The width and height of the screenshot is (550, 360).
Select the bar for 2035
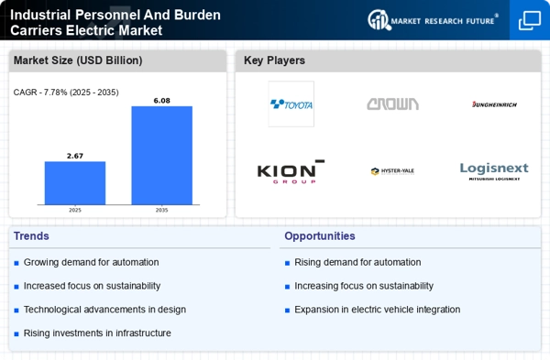(x=162, y=155)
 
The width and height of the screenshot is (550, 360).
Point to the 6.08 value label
(x=162, y=101)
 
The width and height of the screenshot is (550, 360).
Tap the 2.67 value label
(x=75, y=156)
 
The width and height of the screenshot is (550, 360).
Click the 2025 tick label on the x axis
(x=75, y=210)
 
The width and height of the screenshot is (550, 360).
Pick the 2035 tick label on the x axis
(x=162, y=210)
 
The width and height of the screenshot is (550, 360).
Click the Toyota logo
(x=291, y=104)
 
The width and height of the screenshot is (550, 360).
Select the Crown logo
(x=392, y=104)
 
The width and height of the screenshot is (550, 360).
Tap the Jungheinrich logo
(x=494, y=104)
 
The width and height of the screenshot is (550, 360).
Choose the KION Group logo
(x=291, y=171)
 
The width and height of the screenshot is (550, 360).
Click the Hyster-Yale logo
(x=392, y=171)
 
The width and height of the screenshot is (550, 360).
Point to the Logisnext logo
(x=494, y=171)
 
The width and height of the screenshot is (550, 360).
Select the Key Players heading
(x=275, y=61)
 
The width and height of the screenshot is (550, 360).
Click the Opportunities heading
(x=319, y=236)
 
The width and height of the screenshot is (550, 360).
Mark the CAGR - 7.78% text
(x=66, y=92)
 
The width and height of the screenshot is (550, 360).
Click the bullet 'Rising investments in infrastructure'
(x=97, y=333)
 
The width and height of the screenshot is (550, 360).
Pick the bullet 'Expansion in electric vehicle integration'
(x=377, y=310)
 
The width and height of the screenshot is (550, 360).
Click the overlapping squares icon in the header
(x=530, y=20)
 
